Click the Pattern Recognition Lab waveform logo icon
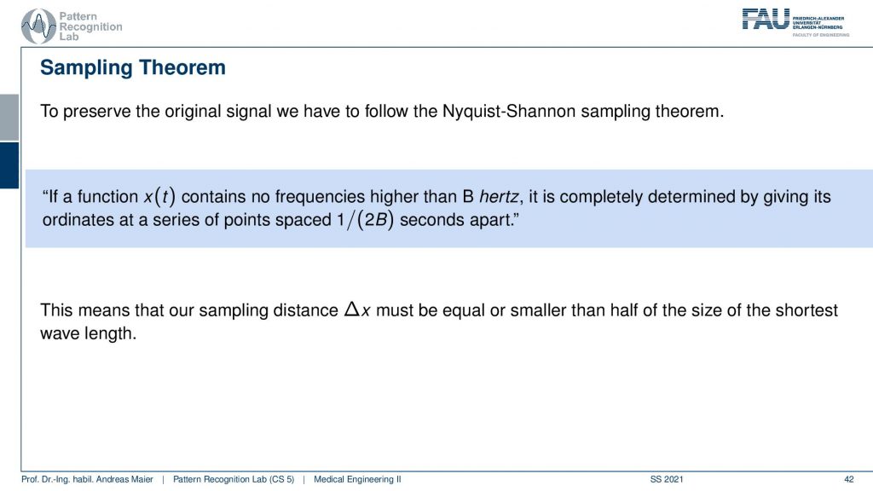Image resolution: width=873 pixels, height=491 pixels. (x=38, y=26)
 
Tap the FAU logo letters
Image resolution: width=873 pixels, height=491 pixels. (x=766, y=19)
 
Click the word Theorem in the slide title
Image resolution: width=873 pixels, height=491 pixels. (x=182, y=67)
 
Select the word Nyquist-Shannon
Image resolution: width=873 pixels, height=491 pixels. (x=509, y=112)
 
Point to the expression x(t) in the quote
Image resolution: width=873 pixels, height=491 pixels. (x=159, y=197)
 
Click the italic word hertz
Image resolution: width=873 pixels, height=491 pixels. (x=499, y=197)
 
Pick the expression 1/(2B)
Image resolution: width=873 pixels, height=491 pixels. (x=365, y=220)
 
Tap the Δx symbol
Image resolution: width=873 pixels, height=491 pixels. (x=357, y=309)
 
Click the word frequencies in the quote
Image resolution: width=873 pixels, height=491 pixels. (x=320, y=197)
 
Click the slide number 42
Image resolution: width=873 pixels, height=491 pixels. (x=848, y=479)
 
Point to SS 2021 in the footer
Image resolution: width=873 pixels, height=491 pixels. (x=667, y=479)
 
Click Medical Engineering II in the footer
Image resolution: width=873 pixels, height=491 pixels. (x=357, y=479)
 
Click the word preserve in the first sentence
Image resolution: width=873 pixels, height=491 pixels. (x=97, y=112)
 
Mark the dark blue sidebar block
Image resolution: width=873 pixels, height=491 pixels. (x=9, y=165)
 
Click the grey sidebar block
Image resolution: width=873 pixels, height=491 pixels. (x=9, y=118)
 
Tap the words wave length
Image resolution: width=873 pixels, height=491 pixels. (x=88, y=333)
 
